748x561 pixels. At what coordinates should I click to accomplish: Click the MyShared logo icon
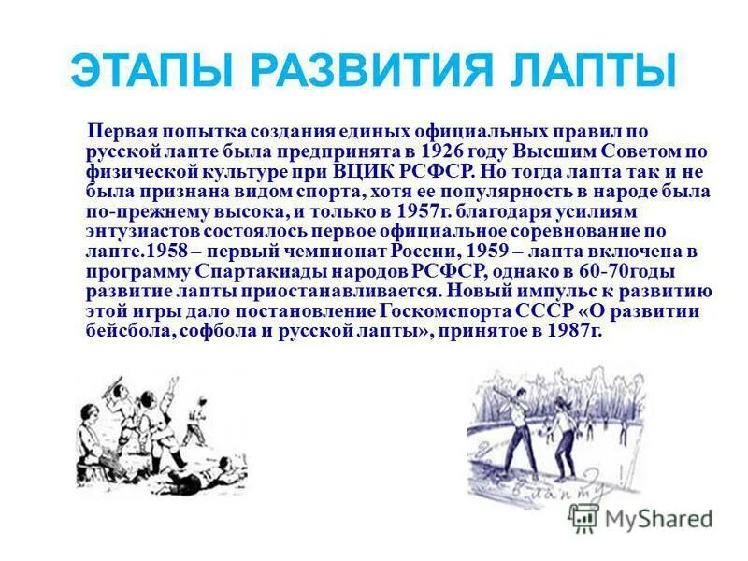click(x=583, y=518)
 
